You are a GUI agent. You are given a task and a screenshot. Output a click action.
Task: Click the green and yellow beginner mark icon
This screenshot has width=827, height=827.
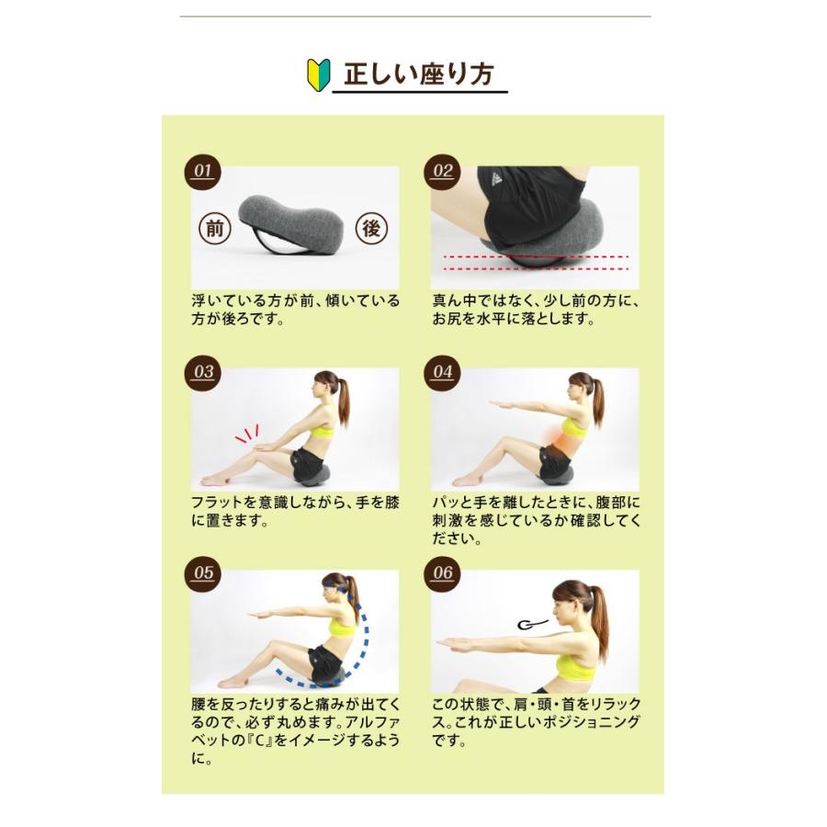click(318, 75)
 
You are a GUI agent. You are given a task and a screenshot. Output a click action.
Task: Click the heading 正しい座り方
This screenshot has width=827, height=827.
click(419, 74)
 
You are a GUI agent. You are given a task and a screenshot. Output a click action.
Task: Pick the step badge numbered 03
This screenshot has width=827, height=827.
click(202, 372)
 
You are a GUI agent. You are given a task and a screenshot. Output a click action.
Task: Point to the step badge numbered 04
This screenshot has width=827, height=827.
click(443, 372)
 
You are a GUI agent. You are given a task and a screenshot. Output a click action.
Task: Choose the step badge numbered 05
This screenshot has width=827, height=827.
click(202, 572)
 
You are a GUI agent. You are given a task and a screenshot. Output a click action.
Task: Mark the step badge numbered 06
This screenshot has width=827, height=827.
click(443, 572)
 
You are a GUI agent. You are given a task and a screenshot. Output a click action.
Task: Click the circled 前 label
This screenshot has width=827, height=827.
click(214, 229)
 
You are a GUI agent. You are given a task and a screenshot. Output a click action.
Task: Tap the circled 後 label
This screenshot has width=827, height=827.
click(372, 229)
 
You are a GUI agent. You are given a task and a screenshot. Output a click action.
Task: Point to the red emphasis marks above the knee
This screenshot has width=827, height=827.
click(247, 434)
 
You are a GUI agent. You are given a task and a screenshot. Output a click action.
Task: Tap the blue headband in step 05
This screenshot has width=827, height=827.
click(336, 586)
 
